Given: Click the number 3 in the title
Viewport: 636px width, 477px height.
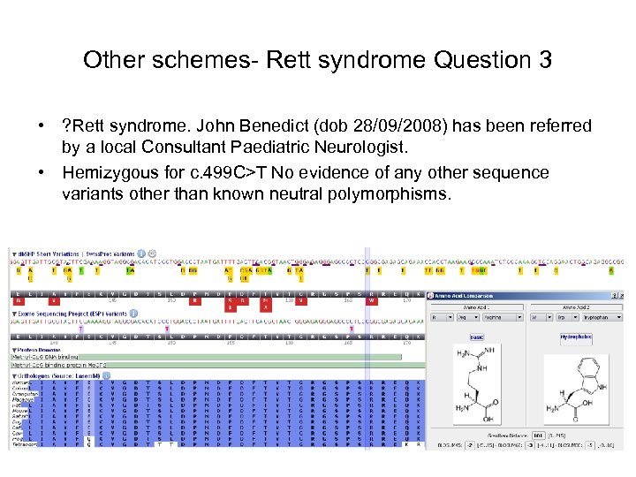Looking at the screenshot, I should tap(544, 60).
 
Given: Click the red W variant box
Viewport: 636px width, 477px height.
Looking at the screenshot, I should tap(371, 299).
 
